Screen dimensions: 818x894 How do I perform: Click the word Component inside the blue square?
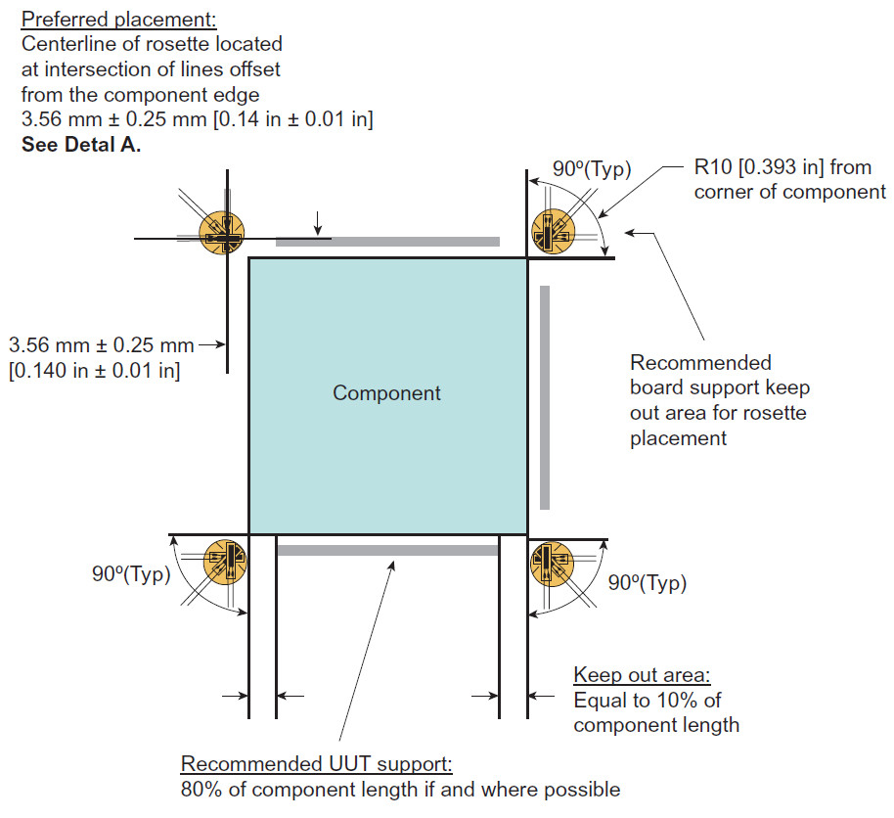[x=386, y=393]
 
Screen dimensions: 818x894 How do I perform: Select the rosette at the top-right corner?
[x=551, y=233]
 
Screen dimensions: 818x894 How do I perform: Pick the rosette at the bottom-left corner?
[x=224, y=562]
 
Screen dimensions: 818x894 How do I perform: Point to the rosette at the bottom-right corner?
[x=551, y=561]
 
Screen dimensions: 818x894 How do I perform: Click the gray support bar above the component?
[x=387, y=241]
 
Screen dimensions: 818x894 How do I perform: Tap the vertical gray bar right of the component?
[x=545, y=396]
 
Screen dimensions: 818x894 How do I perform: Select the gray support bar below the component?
[x=387, y=550]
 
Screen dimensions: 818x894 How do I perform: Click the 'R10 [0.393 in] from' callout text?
[x=782, y=167]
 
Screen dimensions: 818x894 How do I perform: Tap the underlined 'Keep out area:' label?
[x=642, y=675]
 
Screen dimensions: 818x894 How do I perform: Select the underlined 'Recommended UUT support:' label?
[x=317, y=764]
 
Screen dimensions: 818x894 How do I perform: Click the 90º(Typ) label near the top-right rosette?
[x=592, y=168]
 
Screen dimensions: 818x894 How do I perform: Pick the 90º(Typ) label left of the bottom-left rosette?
[x=131, y=574]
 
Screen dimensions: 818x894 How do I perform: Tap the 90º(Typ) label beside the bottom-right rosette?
[x=647, y=583]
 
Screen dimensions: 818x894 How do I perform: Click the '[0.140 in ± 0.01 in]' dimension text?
[x=94, y=372]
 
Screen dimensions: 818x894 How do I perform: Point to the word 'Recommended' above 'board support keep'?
[x=700, y=363]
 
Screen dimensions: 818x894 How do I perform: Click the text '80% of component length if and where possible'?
[x=401, y=789]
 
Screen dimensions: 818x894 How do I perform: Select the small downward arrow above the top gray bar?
[x=318, y=221]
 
